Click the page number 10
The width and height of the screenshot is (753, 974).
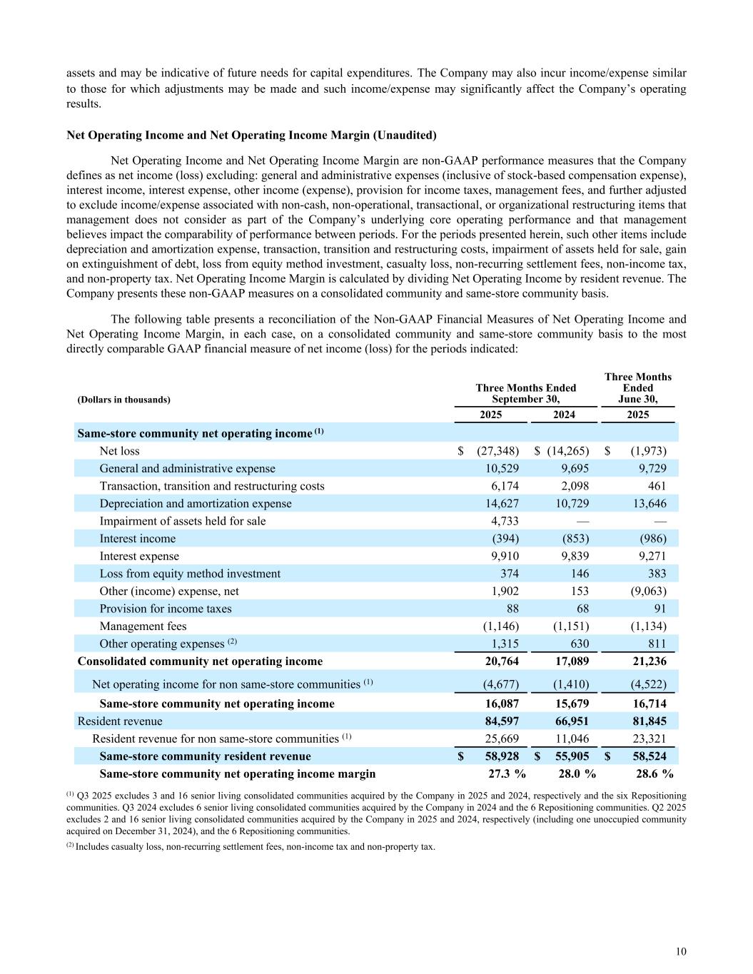(x=681, y=951)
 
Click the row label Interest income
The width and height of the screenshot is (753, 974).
(x=137, y=539)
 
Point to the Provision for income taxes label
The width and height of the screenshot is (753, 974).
(x=165, y=609)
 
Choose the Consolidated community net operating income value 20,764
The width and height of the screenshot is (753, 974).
(x=500, y=661)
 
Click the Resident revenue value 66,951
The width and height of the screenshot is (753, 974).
(x=571, y=721)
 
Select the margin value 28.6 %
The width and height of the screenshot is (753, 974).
(x=655, y=773)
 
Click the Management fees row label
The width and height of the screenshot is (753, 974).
(x=143, y=626)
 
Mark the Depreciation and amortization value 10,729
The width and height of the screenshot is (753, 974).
(x=571, y=504)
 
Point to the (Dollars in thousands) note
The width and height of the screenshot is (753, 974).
(x=123, y=400)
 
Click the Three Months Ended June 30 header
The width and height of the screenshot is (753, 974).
(x=637, y=387)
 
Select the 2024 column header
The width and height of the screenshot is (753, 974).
(x=564, y=415)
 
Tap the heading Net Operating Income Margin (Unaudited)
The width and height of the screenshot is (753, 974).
(x=251, y=135)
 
